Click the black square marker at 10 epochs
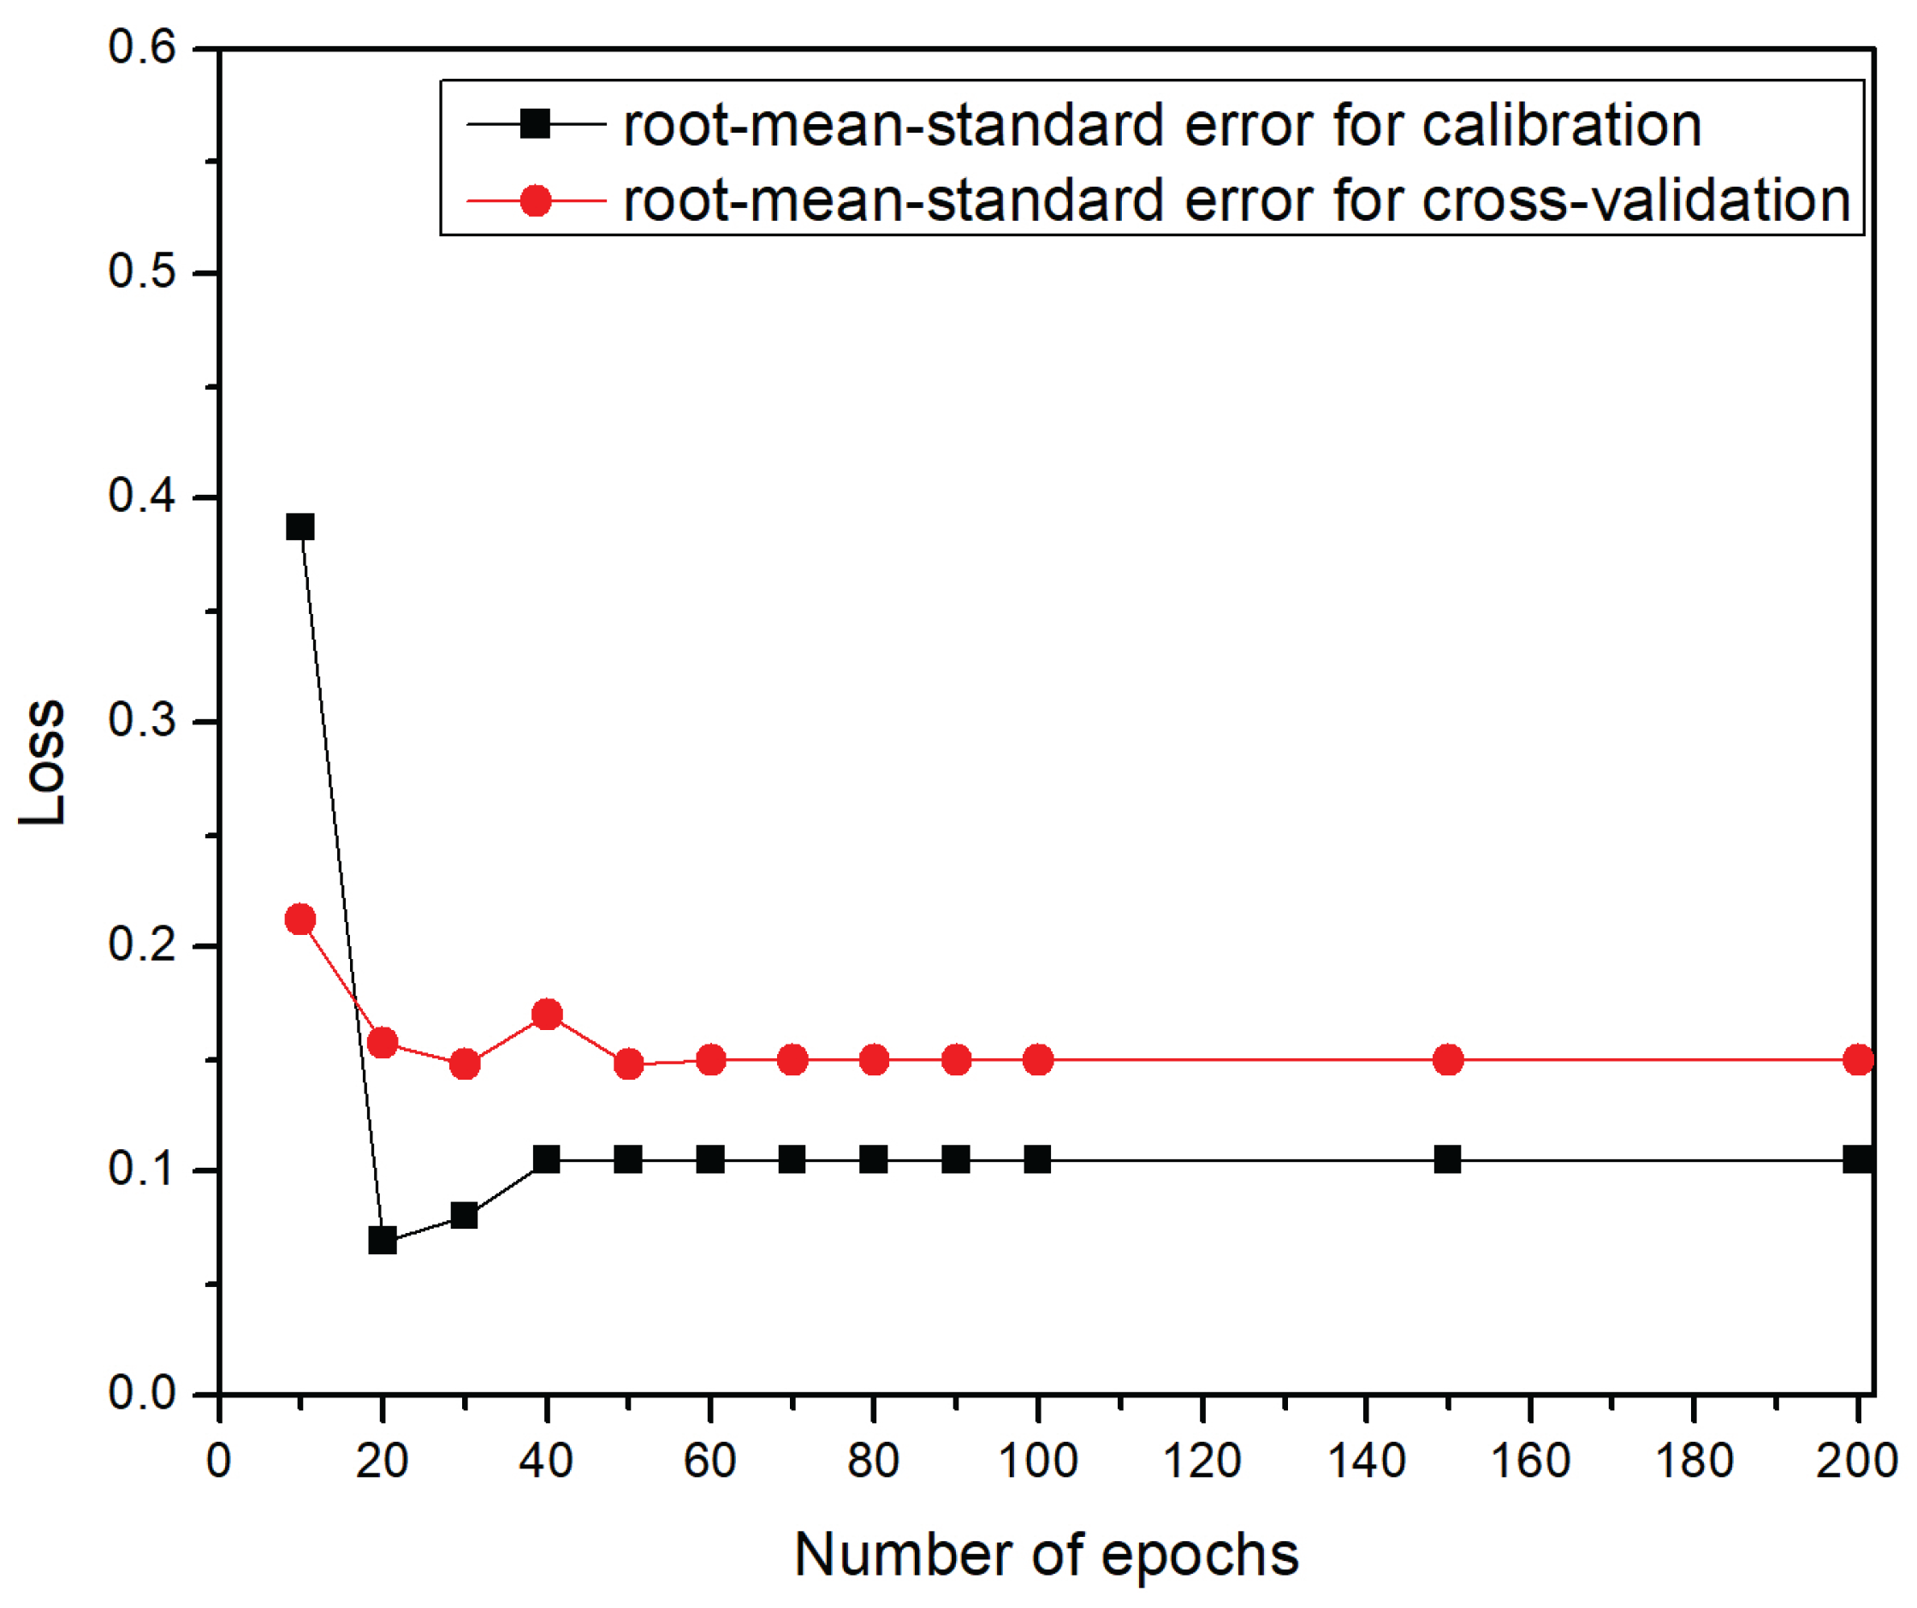[300, 527]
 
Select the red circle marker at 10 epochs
[300, 919]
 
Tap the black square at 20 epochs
[383, 1241]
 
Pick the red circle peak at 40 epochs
[547, 1014]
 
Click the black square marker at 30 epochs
[465, 1215]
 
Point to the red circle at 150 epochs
[1448, 1060]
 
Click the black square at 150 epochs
[1448, 1159]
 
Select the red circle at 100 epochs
[1038, 1060]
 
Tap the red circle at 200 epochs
[1859, 1060]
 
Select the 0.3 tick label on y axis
[141, 719]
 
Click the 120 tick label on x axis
[1202, 1460]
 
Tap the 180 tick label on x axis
[1694, 1460]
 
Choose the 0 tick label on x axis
[219, 1460]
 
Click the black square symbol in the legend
[535, 122]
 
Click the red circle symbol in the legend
[535, 200]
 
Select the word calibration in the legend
[1562, 124]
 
